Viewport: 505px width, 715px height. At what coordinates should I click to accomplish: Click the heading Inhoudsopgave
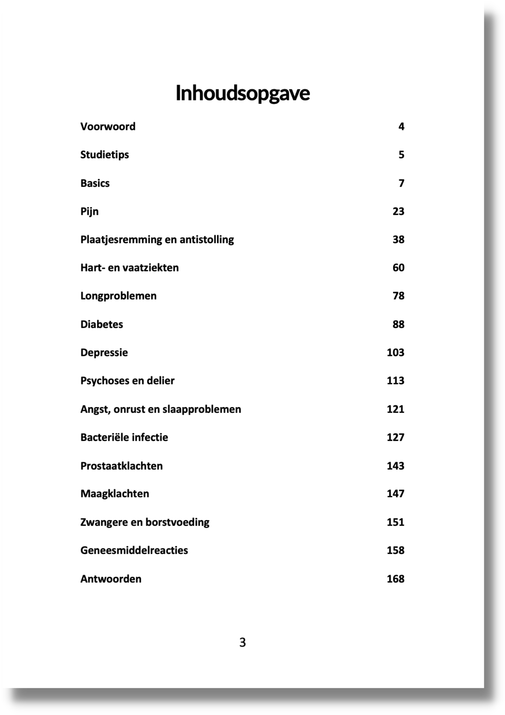pyautogui.click(x=242, y=93)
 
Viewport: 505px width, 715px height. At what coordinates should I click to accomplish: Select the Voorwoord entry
pyautogui.click(x=108, y=127)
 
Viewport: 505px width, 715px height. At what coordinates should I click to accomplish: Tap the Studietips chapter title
pyautogui.click(x=105, y=155)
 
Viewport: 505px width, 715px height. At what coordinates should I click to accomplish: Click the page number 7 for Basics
pyautogui.click(x=401, y=183)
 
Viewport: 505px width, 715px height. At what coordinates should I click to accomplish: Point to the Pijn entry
pyautogui.click(x=89, y=212)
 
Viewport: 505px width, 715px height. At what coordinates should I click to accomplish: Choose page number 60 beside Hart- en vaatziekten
pyautogui.click(x=398, y=268)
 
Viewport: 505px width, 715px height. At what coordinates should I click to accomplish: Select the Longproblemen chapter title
pyautogui.click(x=118, y=296)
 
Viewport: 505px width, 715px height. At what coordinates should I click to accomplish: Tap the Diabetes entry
pyautogui.click(x=101, y=324)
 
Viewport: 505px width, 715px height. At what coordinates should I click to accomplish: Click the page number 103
pyautogui.click(x=395, y=352)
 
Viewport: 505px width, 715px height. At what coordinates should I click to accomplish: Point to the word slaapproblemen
pyautogui.click(x=201, y=409)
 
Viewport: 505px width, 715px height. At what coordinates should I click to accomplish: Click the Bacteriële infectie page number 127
pyautogui.click(x=395, y=437)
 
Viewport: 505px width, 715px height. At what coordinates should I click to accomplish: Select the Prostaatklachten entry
pyautogui.click(x=121, y=466)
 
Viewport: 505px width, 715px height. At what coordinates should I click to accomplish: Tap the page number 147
pyautogui.click(x=395, y=494)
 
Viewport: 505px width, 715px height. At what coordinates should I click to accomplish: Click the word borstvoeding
pyautogui.click(x=177, y=522)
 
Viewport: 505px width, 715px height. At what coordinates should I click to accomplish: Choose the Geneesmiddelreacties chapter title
pyautogui.click(x=134, y=550)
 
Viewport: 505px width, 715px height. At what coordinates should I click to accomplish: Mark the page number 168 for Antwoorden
pyautogui.click(x=395, y=579)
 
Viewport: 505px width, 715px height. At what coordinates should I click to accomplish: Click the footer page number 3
pyautogui.click(x=242, y=643)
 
